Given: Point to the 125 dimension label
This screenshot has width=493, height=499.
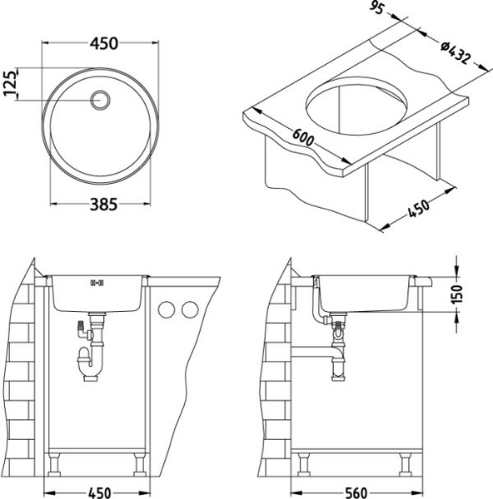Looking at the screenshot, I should (10, 83).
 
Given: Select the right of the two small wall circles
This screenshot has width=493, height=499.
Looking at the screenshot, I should (190, 311).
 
